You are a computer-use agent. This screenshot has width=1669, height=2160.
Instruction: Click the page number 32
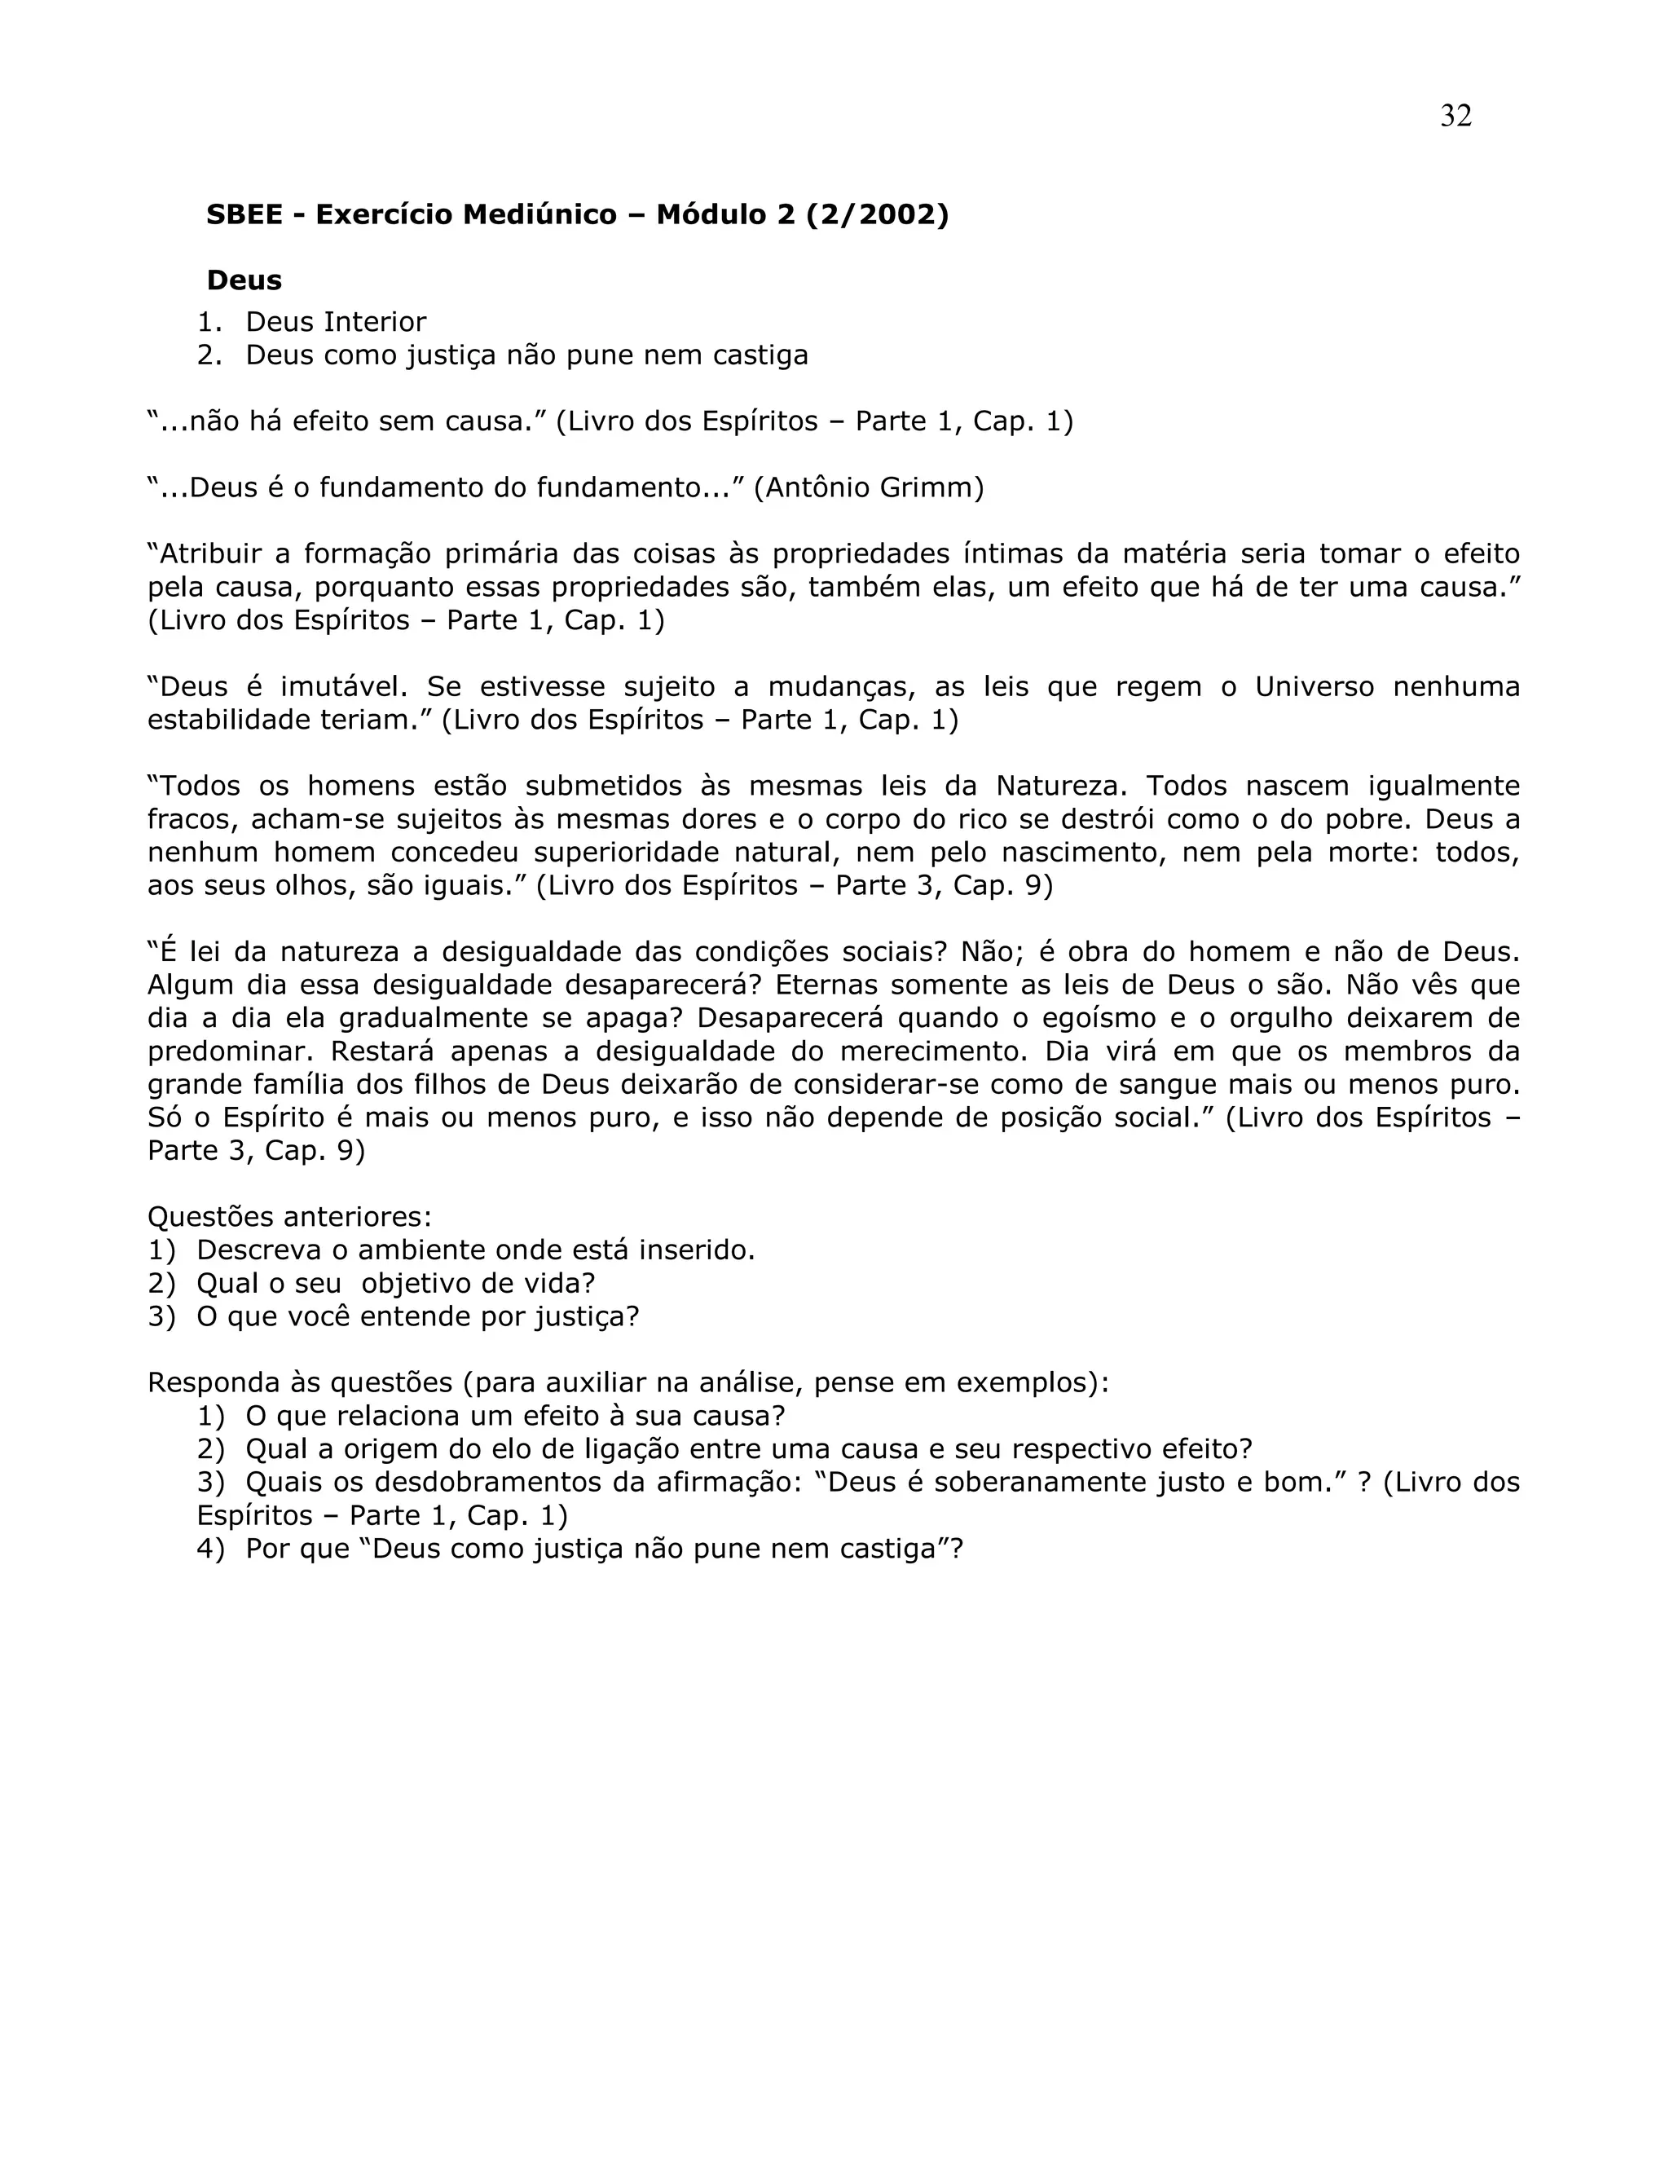point(1455,117)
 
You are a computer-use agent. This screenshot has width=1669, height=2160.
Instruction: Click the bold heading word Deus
point(244,281)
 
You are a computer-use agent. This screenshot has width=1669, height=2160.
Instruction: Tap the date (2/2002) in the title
point(877,214)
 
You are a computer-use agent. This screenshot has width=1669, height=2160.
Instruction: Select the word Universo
point(1314,686)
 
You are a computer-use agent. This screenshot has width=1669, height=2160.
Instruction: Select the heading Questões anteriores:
point(289,1218)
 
